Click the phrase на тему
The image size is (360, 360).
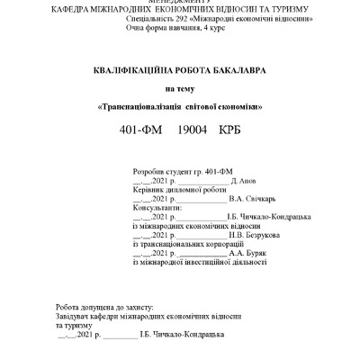[x=179, y=88]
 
